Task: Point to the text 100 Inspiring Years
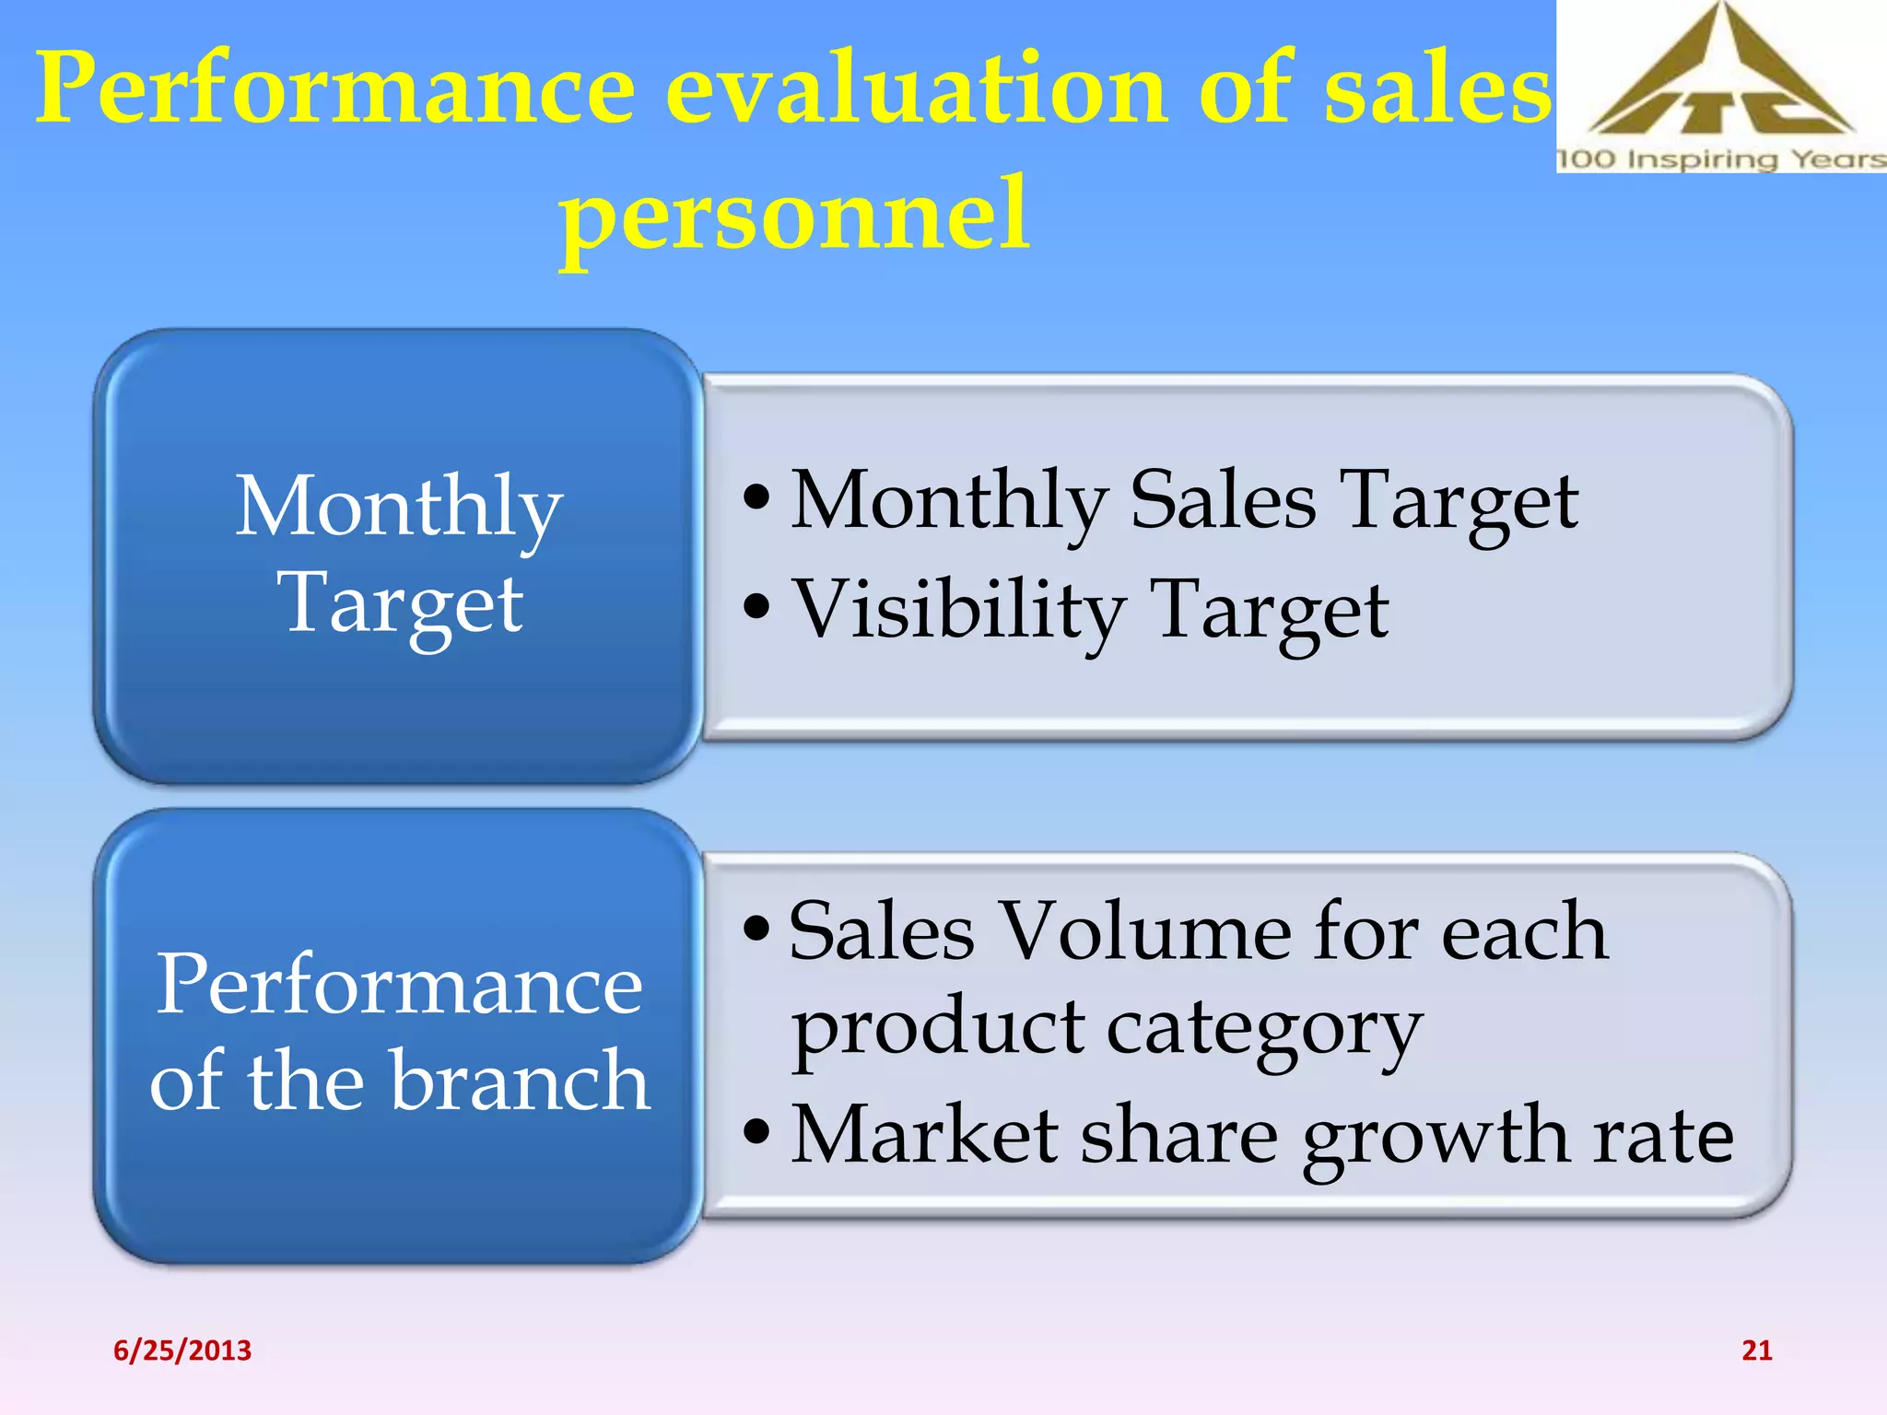[1720, 158]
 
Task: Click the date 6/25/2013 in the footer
[182, 1351]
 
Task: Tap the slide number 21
[1756, 1351]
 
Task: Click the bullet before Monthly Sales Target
[756, 498]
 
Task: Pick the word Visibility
[958, 610]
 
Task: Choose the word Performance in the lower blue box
[399, 985]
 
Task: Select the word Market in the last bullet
[924, 1135]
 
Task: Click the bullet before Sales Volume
[756, 929]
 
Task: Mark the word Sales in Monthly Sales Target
[1223, 499]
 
